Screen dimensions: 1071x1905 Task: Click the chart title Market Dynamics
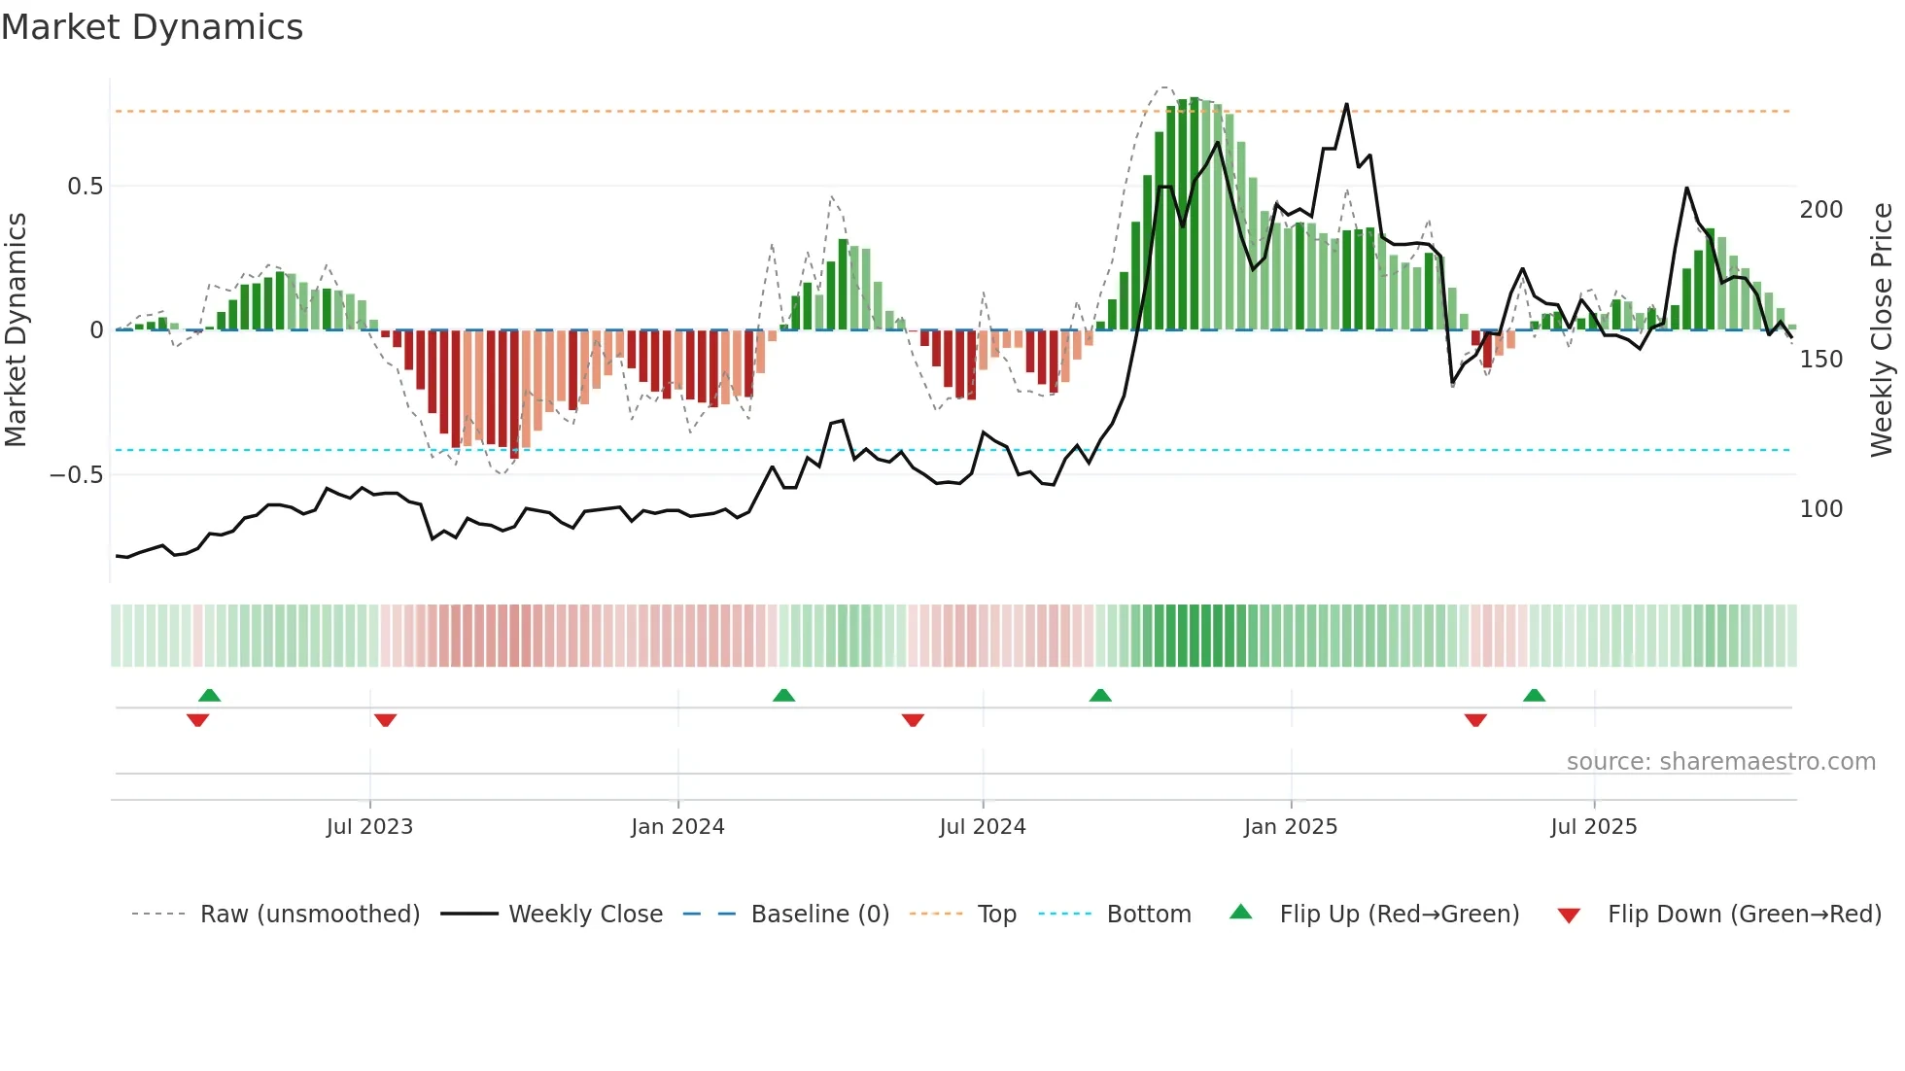click(152, 27)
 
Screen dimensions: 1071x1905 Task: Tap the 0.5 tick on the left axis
click(85, 187)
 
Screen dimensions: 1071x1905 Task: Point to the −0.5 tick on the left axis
click(77, 475)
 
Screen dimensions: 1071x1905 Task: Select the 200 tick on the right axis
click(1820, 210)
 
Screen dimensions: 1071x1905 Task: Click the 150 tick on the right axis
click(1820, 360)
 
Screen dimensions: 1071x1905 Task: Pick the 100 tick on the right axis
click(1820, 509)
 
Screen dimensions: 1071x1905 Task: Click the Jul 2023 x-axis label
click(369, 827)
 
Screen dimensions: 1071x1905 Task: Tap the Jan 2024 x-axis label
click(677, 827)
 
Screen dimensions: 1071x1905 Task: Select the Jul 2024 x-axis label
click(983, 827)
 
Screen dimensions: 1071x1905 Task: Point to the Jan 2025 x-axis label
click(1291, 827)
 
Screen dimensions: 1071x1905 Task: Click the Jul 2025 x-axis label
click(1594, 827)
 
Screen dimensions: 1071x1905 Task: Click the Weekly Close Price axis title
click(1882, 330)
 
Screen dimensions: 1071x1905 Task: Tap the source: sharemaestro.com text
click(1720, 762)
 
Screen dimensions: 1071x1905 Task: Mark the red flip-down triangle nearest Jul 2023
click(385, 720)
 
